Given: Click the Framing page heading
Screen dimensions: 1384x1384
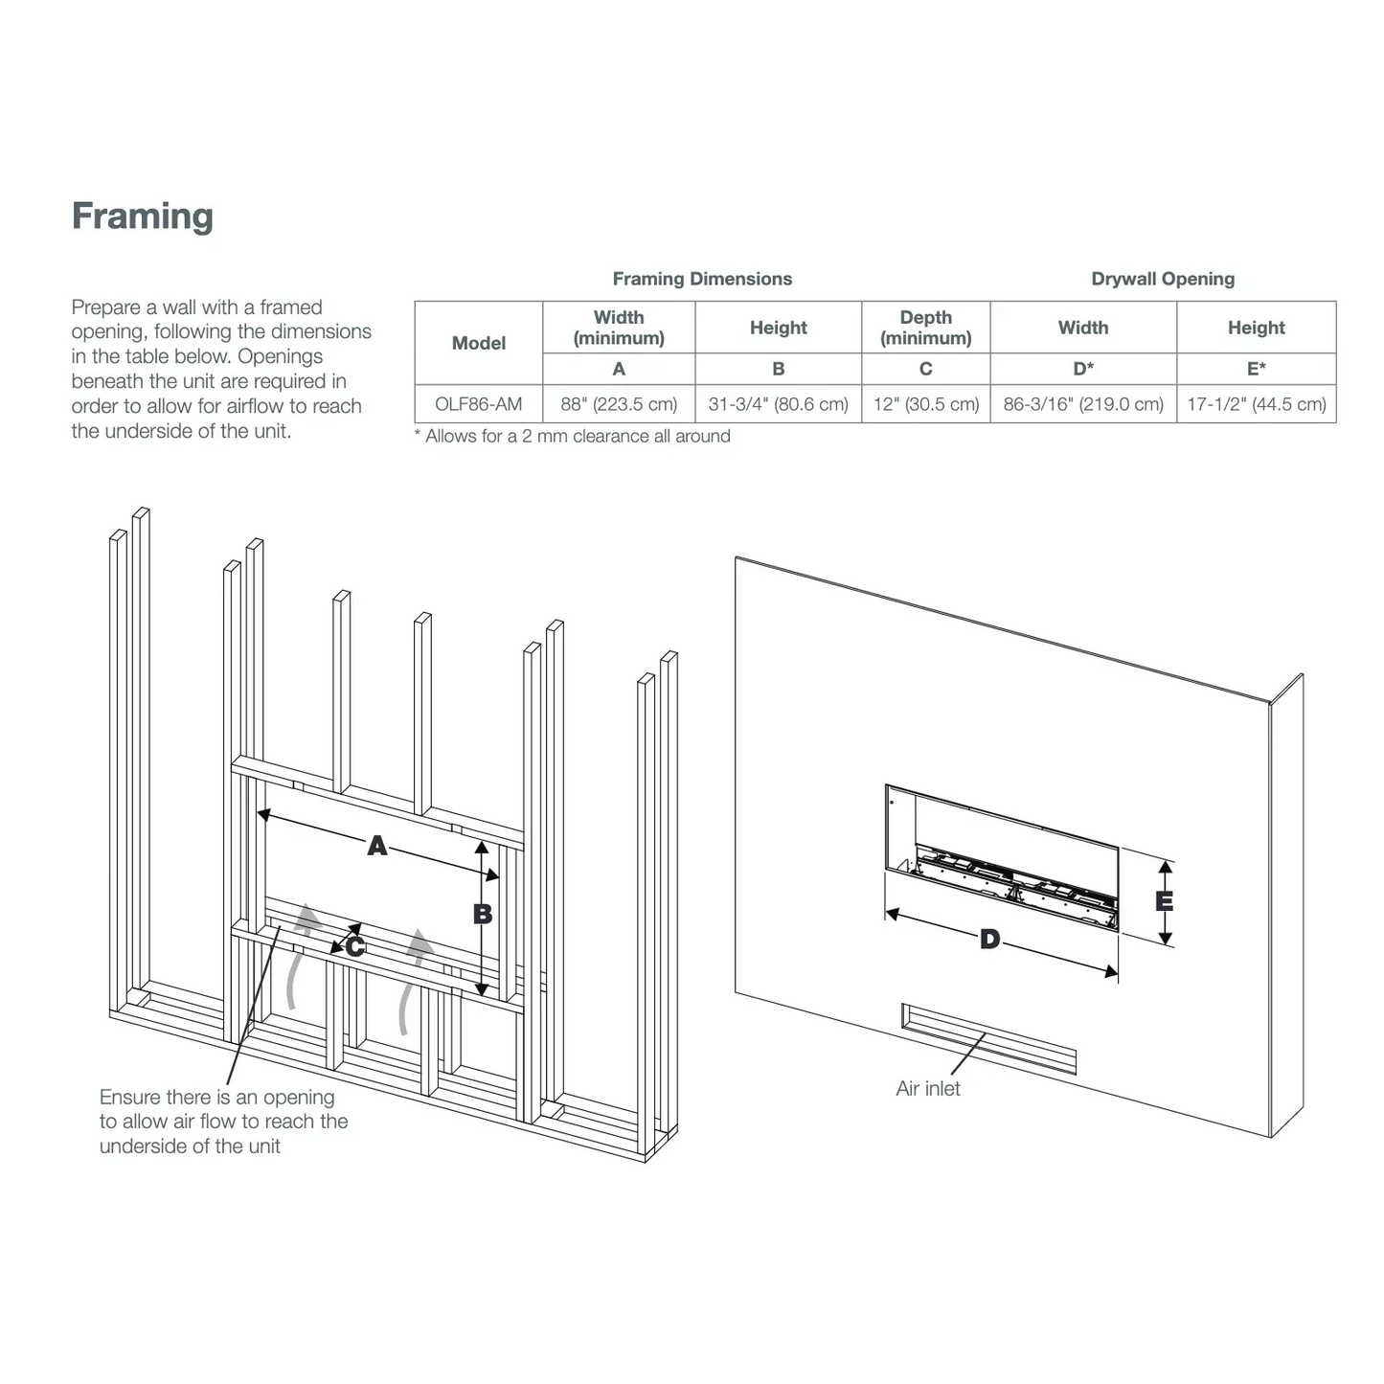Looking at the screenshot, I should [143, 216].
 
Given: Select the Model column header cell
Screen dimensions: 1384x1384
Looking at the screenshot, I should [478, 343].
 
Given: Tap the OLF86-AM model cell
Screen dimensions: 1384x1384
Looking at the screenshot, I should [478, 404].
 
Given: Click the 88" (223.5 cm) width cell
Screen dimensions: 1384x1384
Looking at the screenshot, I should [619, 404].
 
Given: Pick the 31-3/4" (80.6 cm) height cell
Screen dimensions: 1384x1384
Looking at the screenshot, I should [778, 404].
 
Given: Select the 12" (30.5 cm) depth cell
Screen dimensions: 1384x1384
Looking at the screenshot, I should [925, 404].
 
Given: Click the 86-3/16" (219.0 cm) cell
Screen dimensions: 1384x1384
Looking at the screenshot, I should [1083, 404].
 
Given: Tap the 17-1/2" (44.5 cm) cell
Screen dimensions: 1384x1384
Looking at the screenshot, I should [1256, 404].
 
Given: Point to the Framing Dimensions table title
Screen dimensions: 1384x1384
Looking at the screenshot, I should [702, 279].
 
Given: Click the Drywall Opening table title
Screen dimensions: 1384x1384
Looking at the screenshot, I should [1163, 279].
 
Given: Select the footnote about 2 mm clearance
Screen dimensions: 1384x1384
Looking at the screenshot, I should [573, 437].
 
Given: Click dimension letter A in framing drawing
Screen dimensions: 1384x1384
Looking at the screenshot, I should [377, 846].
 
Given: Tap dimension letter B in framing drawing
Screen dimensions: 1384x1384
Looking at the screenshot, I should [483, 914].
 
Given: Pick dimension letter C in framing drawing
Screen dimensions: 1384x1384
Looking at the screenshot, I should [354, 947].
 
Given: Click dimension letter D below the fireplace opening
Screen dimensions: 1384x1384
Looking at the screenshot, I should [989, 940].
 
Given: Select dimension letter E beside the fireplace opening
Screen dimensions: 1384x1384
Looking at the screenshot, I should [1164, 901].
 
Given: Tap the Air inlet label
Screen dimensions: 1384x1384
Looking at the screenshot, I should [927, 1089].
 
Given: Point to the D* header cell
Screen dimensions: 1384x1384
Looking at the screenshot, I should [1083, 369].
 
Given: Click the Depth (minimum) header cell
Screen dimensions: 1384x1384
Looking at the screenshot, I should [925, 328].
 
